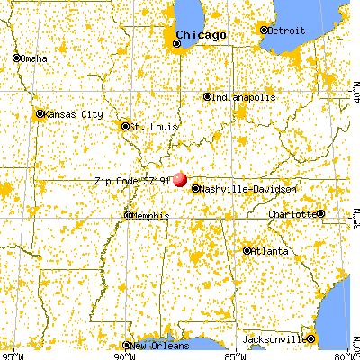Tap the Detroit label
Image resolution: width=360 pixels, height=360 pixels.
[x=287, y=30]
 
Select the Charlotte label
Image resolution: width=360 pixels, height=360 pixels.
[x=292, y=214]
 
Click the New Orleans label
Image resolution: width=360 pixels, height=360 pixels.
[x=159, y=346]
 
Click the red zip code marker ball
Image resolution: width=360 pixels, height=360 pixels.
[x=181, y=180]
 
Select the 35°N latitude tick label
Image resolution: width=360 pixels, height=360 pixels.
[x=352, y=219]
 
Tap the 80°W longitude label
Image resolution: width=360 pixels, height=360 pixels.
[x=346, y=354]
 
